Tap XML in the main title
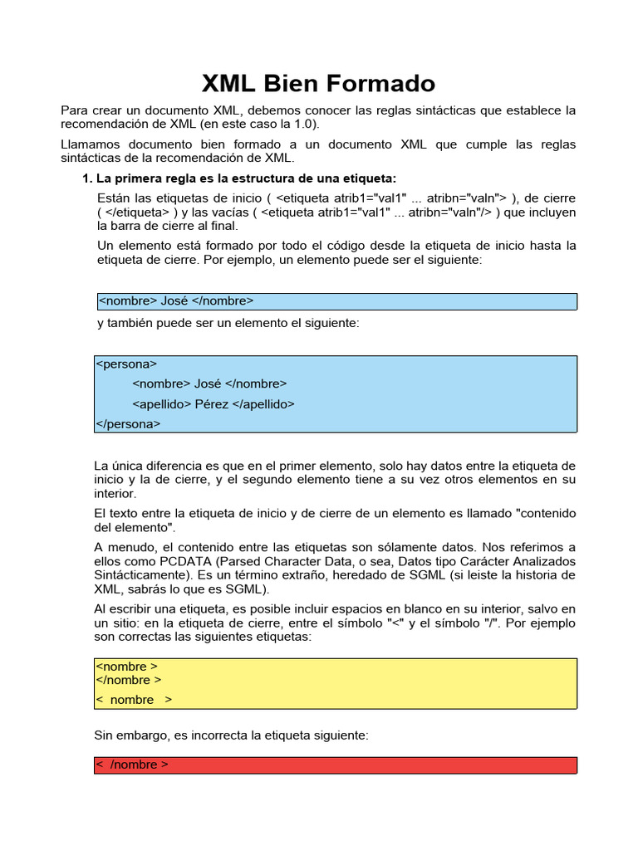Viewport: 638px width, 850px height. [230, 83]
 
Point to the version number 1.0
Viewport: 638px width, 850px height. [302, 124]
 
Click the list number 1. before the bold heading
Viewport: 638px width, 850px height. [86, 178]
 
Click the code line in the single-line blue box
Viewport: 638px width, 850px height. [176, 300]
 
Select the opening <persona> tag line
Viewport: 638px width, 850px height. [126, 364]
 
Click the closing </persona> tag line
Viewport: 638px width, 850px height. [128, 423]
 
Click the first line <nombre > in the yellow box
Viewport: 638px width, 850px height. [127, 667]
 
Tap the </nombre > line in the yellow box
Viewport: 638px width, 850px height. [129, 680]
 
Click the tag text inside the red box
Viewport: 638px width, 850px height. [133, 765]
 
